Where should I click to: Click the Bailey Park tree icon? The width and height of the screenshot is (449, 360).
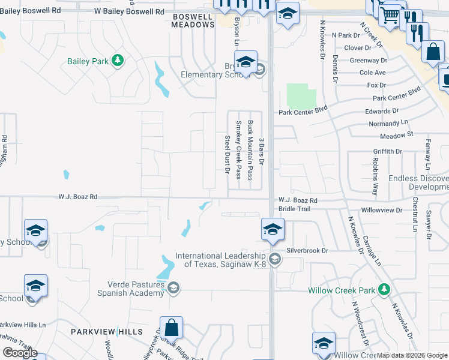118,60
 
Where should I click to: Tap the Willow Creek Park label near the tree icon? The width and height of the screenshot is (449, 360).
342,290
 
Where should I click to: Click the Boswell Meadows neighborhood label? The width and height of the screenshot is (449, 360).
193,20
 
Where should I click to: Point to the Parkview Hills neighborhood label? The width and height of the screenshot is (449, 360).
107,332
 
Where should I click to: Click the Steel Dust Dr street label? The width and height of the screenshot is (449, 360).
227,154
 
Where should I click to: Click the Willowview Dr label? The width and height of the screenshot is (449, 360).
382,211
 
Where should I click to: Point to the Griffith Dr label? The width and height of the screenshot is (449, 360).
387,152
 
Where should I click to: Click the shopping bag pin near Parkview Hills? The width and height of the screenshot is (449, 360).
171,329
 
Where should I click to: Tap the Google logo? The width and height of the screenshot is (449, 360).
20,353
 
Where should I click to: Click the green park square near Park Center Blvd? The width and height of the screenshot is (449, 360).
301,95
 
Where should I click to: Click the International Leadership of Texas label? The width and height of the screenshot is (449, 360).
220,260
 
